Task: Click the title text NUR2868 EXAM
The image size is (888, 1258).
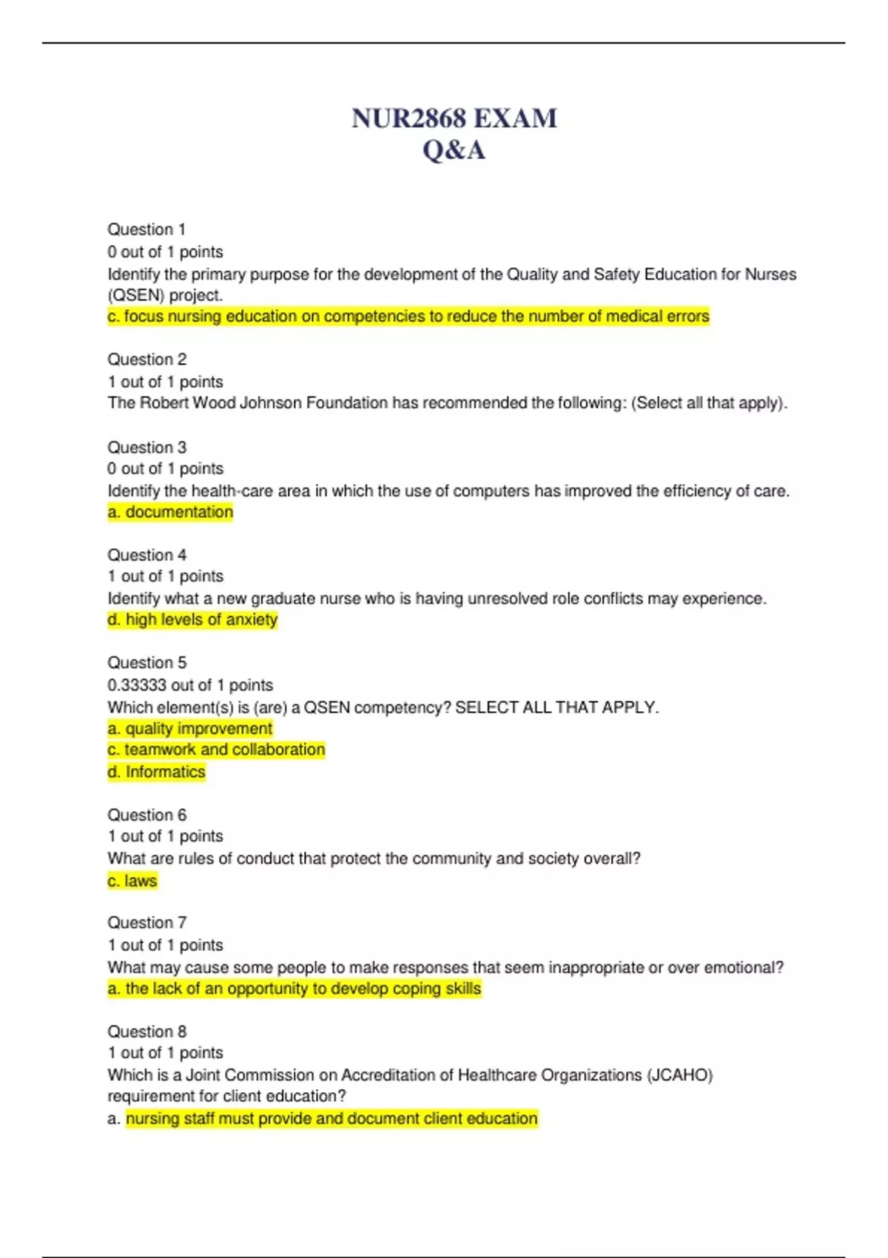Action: pos(454,118)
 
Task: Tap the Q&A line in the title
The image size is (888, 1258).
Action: pos(454,150)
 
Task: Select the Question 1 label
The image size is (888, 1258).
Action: pos(147,229)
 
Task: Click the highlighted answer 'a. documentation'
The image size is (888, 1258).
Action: pos(170,512)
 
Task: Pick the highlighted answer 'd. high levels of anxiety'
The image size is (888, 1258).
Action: pos(192,619)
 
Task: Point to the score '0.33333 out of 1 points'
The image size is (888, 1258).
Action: pos(190,685)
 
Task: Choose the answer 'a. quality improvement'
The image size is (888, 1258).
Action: pos(190,729)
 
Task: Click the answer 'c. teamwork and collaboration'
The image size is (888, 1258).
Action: pos(216,750)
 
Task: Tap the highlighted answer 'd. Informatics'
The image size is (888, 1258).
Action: pos(156,772)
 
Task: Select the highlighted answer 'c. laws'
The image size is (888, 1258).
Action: pos(132,881)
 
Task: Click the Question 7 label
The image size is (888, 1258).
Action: pos(147,923)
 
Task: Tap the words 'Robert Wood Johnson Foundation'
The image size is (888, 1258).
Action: pos(263,403)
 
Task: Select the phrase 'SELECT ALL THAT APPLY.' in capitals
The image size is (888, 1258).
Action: pos(556,707)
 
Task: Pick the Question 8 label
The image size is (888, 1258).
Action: pos(147,1032)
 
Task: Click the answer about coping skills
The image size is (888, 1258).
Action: pos(295,989)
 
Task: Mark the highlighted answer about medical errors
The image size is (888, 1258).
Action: pos(408,317)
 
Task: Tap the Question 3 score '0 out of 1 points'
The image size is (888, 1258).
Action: pos(165,469)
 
